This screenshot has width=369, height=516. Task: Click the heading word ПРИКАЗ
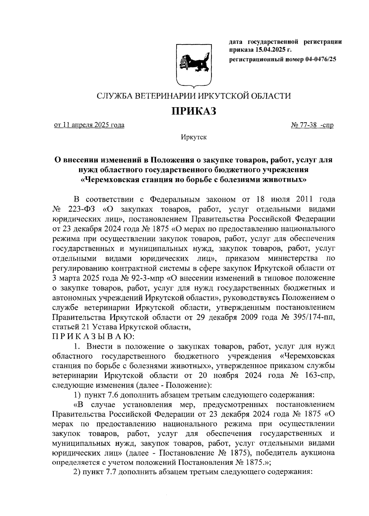coord(194,111)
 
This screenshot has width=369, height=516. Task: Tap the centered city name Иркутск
coord(194,137)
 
